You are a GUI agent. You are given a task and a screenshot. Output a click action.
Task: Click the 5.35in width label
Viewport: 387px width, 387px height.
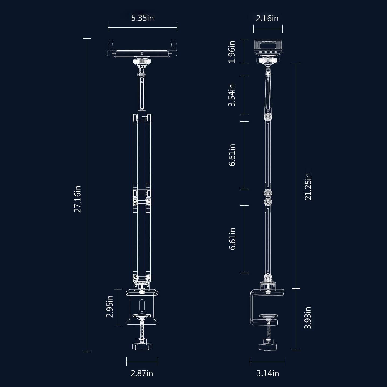[142, 18]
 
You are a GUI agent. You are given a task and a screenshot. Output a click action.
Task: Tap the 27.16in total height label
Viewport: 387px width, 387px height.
[77, 199]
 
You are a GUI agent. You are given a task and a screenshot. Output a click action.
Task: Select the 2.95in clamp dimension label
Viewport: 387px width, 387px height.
[110, 306]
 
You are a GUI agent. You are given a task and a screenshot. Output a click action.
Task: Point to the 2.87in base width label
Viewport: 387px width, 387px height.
[142, 373]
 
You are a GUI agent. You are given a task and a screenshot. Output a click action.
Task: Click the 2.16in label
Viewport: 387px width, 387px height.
[267, 18]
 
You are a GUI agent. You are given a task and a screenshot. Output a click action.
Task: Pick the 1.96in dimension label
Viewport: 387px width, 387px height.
[232, 52]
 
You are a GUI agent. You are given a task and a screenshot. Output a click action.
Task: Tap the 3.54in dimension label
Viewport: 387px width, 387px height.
[232, 95]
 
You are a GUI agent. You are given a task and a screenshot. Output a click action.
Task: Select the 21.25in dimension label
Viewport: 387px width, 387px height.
[308, 187]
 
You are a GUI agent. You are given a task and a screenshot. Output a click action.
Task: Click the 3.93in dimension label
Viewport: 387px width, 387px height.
[308, 318]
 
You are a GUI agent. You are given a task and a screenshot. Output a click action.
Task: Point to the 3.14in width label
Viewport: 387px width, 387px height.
[268, 373]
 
